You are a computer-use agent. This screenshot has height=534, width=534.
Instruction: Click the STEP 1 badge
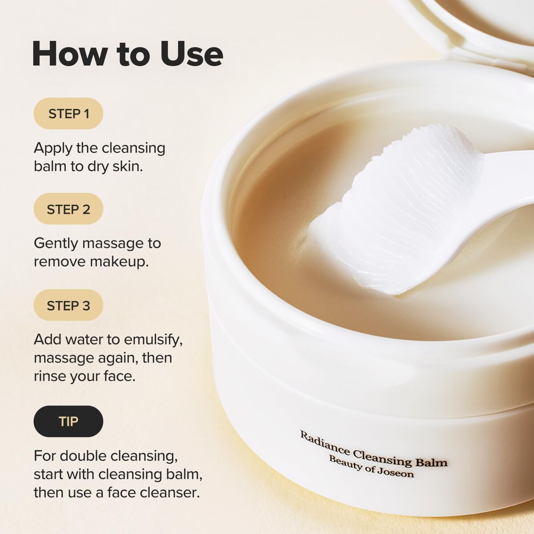[69, 114]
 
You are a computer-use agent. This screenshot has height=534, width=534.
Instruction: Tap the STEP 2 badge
[69, 209]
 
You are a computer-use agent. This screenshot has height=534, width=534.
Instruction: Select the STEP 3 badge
[69, 306]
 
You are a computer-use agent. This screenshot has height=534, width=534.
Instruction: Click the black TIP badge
[69, 421]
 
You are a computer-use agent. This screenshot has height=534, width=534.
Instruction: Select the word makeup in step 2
[119, 262]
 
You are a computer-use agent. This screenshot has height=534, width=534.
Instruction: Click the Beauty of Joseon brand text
[371, 467]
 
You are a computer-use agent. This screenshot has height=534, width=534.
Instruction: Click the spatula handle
[512, 178]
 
